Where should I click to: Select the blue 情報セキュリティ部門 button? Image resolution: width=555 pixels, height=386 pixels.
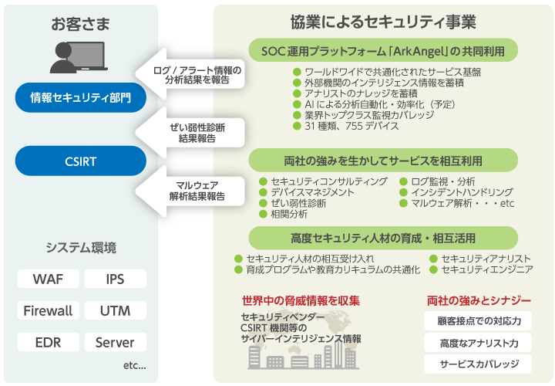click(x=80, y=98)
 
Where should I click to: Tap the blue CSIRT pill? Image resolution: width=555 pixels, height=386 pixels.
click(x=80, y=161)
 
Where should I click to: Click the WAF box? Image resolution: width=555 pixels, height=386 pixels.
click(x=48, y=279)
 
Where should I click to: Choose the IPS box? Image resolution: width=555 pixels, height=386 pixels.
click(x=115, y=279)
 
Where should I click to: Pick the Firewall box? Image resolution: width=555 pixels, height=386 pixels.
click(x=48, y=311)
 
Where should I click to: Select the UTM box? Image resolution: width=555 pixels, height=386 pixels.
click(x=115, y=311)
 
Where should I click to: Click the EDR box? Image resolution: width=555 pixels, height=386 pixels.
click(x=48, y=343)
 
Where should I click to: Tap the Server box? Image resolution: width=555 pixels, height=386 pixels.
click(x=115, y=343)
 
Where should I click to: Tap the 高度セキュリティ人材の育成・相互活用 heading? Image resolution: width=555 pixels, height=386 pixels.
click(x=382, y=237)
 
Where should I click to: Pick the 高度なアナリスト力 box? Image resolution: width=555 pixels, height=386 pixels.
click(x=478, y=342)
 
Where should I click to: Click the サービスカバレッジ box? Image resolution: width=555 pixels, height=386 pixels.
click(x=478, y=364)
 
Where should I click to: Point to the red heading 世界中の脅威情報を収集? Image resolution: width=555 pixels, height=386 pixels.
click(x=301, y=300)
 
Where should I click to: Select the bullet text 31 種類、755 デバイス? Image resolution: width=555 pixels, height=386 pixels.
click(x=351, y=125)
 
